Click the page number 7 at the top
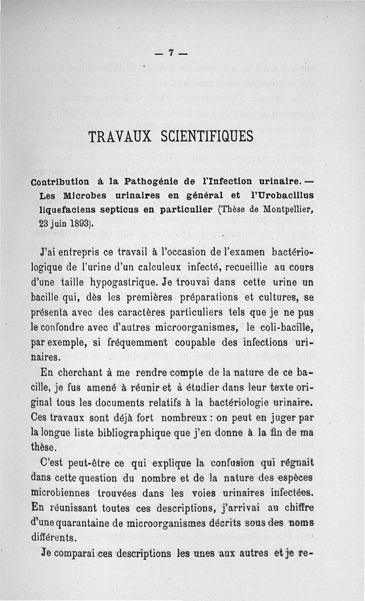coord(171,53)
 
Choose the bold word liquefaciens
coord(67,210)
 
